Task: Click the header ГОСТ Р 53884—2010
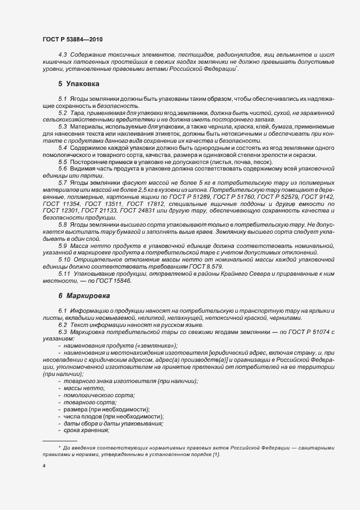tap(72, 40)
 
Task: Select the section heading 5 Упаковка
tap(78, 85)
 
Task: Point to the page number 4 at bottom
tap(44, 466)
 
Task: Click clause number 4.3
tap(63, 56)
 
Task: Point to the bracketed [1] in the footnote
tap(216, 454)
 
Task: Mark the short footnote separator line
tap(59, 440)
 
